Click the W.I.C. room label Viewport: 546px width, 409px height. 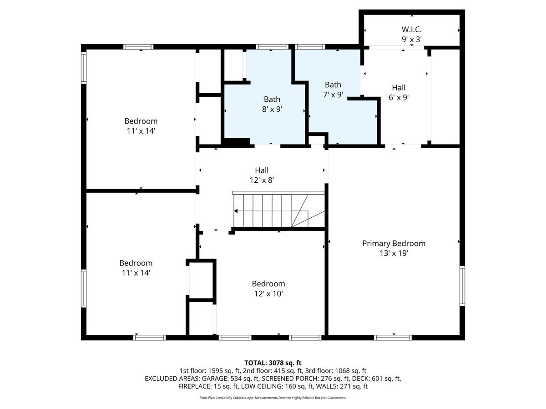[412, 30]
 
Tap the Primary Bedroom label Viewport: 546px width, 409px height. [394, 244]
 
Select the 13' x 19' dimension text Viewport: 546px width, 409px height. [394, 254]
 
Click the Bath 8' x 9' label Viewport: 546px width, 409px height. [272, 104]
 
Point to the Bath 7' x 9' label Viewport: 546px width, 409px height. [333, 90]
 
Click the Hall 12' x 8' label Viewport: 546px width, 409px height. [262, 175]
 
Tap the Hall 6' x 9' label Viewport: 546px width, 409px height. [399, 92]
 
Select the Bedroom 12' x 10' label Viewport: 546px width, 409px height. [268, 289]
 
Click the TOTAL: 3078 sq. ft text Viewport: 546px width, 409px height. [273, 363]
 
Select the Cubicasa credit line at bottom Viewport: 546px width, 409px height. [273, 398]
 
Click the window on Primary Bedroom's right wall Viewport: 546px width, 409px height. [462, 285]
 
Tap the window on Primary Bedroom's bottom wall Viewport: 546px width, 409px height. [393, 337]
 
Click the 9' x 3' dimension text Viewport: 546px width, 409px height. [412, 40]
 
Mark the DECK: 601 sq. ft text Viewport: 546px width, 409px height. [376, 379]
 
